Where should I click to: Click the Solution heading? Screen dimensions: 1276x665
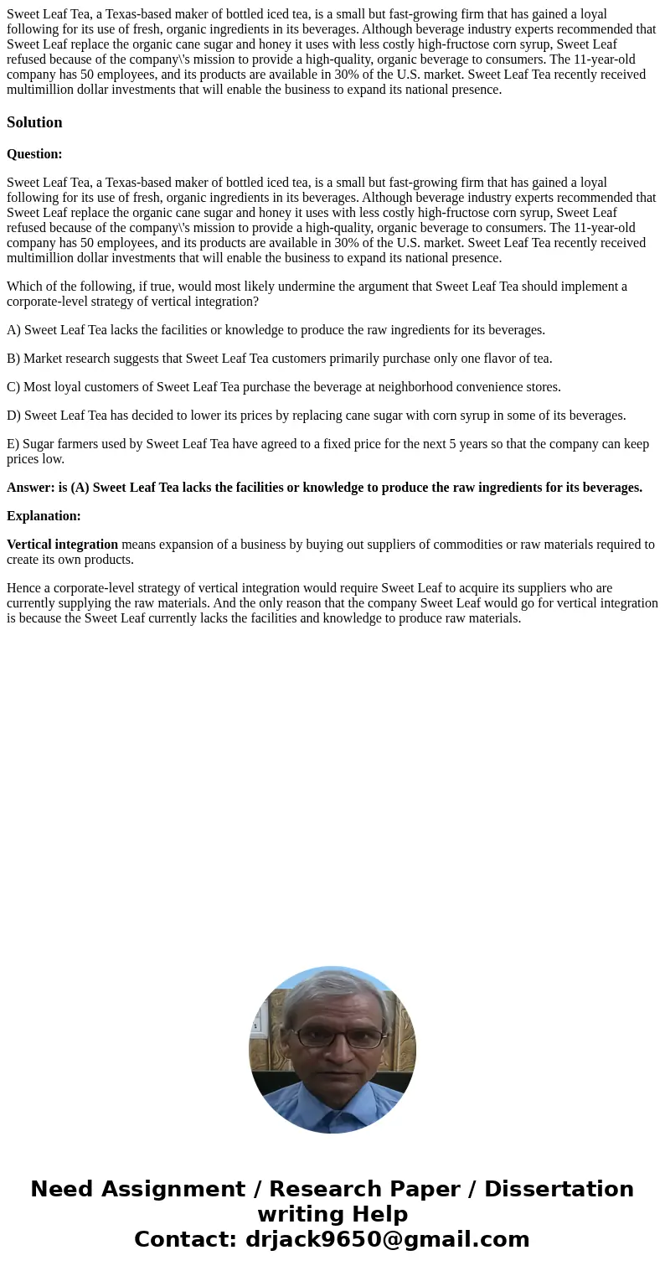click(34, 122)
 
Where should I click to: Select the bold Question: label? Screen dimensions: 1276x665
click(34, 154)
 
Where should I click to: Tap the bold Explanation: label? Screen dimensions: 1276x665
click(44, 516)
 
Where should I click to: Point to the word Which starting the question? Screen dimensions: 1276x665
click(23, 287)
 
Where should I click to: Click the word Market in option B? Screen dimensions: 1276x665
click(44, 359)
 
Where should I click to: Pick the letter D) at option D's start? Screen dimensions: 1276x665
click(13, 416)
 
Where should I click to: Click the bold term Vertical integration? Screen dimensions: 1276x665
click(62, 545)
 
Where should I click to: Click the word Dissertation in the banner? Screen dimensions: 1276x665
click(559, 1190)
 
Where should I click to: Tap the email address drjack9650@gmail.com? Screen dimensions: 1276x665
click(387, 1240)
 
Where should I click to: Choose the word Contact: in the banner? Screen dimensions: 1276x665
click(185, 1240)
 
